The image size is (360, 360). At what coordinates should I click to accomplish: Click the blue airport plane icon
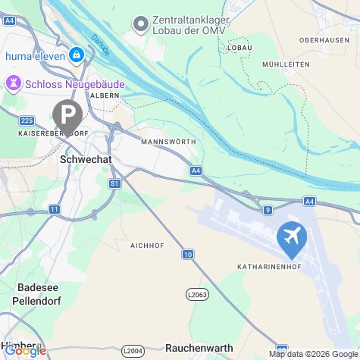click(291, 237)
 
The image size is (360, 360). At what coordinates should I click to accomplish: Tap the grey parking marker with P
click(67, 116)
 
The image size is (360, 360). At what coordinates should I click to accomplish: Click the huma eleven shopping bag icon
click(77, 55)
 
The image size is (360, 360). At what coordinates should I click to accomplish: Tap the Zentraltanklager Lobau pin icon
click(140, 24)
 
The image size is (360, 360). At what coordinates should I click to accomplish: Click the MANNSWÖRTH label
click(168, 142)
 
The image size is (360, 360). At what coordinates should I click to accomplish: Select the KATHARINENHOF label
click(271, 268)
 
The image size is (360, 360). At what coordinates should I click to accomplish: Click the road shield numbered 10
click(187, 254)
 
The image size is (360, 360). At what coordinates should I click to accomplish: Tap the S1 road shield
click(114, 183)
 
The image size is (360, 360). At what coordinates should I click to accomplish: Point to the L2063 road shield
click(196, 293)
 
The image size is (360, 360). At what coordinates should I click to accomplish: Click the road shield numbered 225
click(27, 121)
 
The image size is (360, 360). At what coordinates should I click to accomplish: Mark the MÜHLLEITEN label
click(283, 65)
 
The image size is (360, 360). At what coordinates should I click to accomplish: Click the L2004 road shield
click(133, 350)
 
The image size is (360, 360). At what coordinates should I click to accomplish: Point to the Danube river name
click(100, 44)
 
